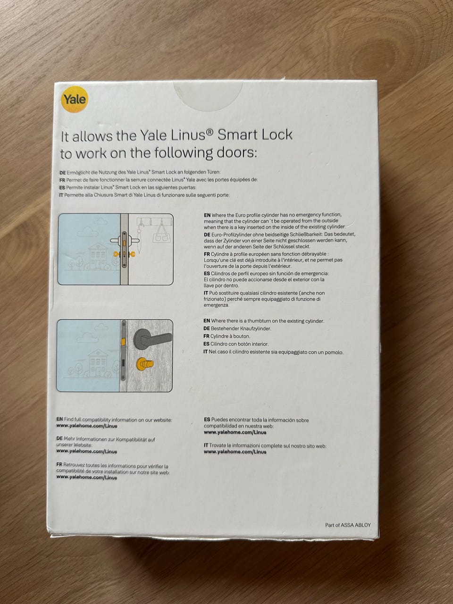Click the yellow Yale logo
pyautogui.click(x=74, y=100)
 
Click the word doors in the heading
pyautogui.click(x=236, y=153)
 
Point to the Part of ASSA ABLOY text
pyautogui.click(x=348, y=525)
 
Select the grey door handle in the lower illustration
pyautogui.click(x=152, y=338)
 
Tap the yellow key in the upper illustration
pyautogui.click(x=124, y=254)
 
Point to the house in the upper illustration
pyautogui.click(x=98, y=256)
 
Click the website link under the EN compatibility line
pyautogui.click(x=87, y=426)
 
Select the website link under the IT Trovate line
pyautogui.click(x=235, y=452)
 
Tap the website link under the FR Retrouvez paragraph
pyautogui.click(x=87, y=478)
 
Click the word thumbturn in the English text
pyautogui.click(x=260, y=321)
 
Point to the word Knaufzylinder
pyautogui.click(x=255, y=328)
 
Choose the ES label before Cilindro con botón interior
pyautogui.click(x=206, y=344)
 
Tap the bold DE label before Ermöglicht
pyautogui.click(x=63, y=173)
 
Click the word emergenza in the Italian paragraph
pyautogui.click(x=216, y=305)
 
